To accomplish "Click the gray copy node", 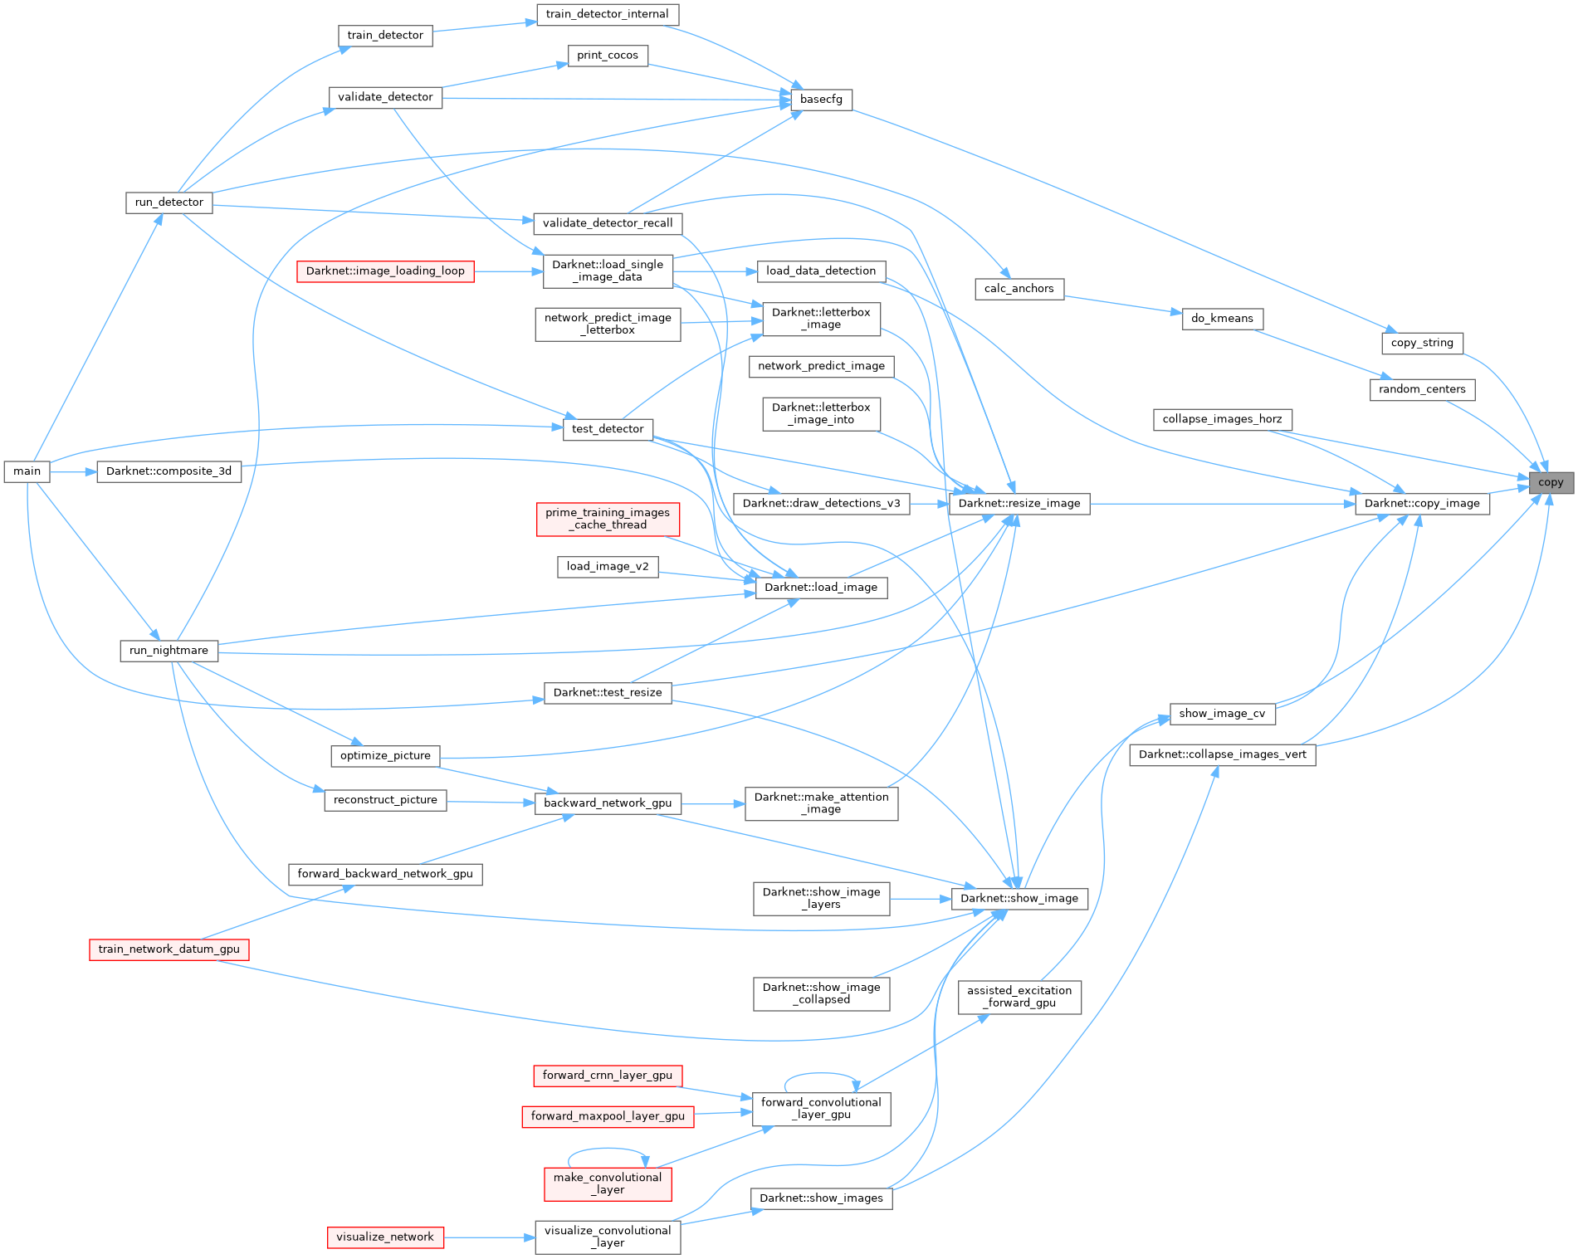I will (x=1551, y=482).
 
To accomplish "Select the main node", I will (x=27, y=471).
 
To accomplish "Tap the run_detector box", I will (x=169, y=203).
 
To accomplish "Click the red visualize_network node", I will (x=385, y=1237).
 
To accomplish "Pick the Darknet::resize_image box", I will (x=1019, y=503).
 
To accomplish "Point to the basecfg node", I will (x=821, y=100).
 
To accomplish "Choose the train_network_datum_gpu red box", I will (x=169, y=949).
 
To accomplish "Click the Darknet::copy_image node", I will (x=1422, y=503).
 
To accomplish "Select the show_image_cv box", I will (x=1222, y=714).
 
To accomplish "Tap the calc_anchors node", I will (x=1019, y=289).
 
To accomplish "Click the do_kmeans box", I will (x=1222, y=319).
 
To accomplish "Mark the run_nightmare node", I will (x=169, y=651).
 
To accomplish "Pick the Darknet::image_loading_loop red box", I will (x=385, y=271).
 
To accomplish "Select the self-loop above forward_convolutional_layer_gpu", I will (x=820, y=1074).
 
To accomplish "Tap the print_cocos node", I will (x=608, y=56).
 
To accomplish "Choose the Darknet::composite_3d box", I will (x=169, y=471).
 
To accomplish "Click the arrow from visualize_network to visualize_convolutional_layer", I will (x=490, y=1237).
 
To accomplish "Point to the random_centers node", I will (x=1422, y=389).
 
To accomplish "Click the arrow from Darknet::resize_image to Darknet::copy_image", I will (x=1220, y=503).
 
